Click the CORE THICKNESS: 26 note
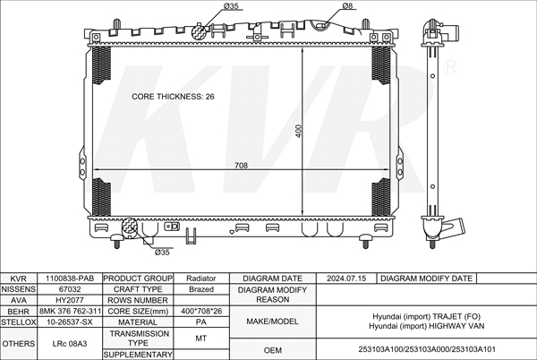pyautogui.click(x=173, y=97)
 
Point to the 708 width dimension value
pyautogui.click(x=241, y=166)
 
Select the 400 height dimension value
pyautogui.click(x=299, y=131)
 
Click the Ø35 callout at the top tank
pyautogui.click(x=231, y=6)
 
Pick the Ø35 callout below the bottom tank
pyautogui.click(x=162, y=253)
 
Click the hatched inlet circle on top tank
pyautogui.click(x=199, y=32)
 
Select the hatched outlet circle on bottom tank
pyautogui.click(x=130, y=227)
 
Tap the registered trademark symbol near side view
pyautogui.click(x=451, y=67)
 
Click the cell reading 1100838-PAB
pyautogui.click(x=70, y=279)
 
